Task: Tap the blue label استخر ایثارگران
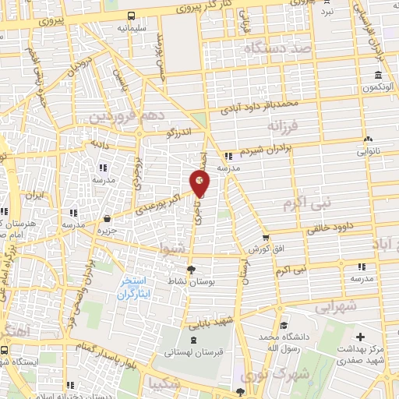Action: [x=137, y=288]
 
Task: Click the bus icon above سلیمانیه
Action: [x=131, y=16]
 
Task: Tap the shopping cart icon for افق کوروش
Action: [x=267, y=238]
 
